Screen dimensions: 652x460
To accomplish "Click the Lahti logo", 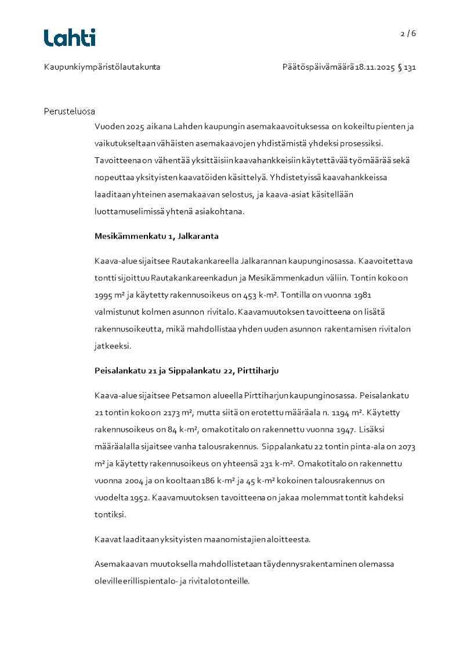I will click(70, 38).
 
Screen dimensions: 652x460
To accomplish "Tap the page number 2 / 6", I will click(408, 34).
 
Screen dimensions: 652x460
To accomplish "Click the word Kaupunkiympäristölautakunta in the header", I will click(102, 67).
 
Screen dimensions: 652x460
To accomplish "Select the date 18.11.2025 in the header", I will click(375, 67).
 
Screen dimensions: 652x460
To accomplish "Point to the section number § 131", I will click(407, 67).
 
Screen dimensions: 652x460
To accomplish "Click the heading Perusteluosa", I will click(69, 111).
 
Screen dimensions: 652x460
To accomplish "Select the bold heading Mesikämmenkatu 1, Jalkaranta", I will click(156, 236).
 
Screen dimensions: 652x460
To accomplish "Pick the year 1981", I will click(363, 294).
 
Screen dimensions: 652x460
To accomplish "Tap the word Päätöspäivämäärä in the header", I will click(318, 67).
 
